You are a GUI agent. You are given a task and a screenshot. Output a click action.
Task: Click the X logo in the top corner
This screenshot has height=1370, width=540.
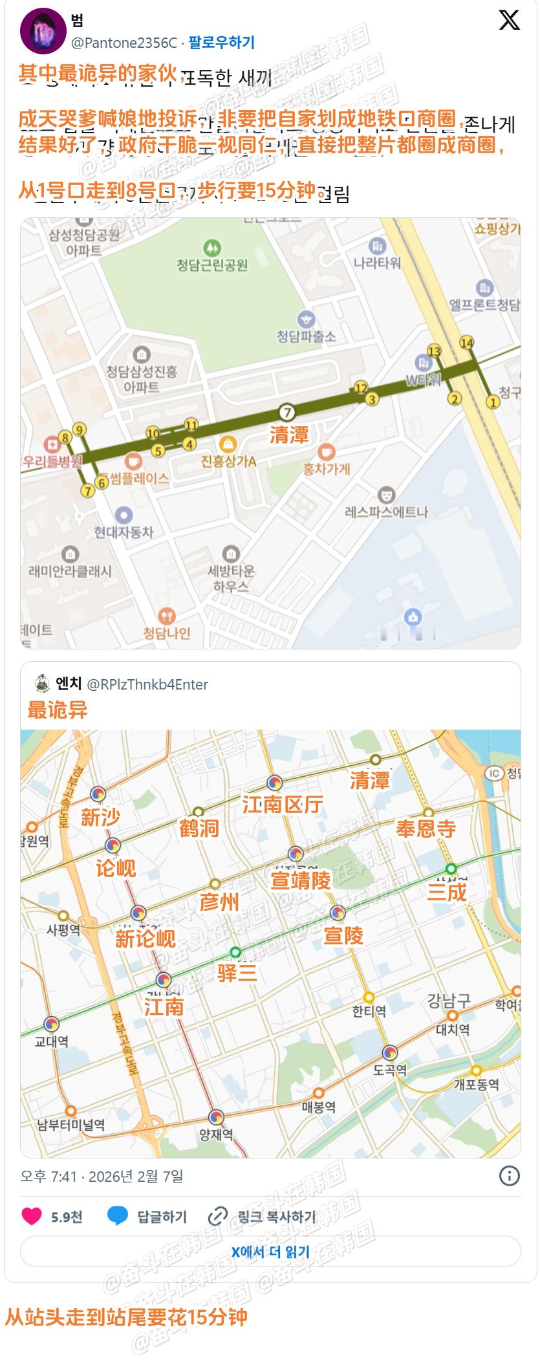pos(509,21)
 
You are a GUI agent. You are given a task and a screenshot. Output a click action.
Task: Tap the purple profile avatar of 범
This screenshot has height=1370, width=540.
pos(43,31)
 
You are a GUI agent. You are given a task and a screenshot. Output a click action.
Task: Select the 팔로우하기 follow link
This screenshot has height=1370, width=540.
pos(221,43)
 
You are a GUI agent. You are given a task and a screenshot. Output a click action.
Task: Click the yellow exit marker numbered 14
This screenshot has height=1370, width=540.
pos(466,342)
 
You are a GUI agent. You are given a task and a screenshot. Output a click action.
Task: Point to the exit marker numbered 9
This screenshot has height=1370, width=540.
pos(80,429)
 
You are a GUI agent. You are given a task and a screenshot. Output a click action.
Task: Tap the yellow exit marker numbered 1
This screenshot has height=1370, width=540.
pos(493,402)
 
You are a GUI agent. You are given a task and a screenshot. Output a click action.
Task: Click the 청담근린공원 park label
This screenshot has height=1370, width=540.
pos(212,265)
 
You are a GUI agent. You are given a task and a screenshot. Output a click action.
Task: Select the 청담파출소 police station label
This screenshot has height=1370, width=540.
pos(306,336)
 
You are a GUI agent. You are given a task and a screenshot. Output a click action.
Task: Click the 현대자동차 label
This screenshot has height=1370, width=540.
pos(124,532)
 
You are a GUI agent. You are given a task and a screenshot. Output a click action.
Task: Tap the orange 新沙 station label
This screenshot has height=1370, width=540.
pos(100,817)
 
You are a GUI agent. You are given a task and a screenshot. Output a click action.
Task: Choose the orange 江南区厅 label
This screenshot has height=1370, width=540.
pos(282,804)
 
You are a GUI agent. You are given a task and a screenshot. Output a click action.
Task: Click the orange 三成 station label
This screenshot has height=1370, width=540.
pos(446,892)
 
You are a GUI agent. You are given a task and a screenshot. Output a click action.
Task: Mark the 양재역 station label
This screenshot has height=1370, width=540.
pos(216,1134)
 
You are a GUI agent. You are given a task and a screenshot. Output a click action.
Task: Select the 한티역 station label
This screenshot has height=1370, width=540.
pos(369,1010)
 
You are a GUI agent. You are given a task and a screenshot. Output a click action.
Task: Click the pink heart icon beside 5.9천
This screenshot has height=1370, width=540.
pos(32,1216)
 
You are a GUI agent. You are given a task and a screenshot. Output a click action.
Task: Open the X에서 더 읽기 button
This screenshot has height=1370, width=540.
pos(270,1252)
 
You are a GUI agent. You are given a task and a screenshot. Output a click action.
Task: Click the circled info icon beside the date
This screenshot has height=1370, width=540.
pos(510,1175)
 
